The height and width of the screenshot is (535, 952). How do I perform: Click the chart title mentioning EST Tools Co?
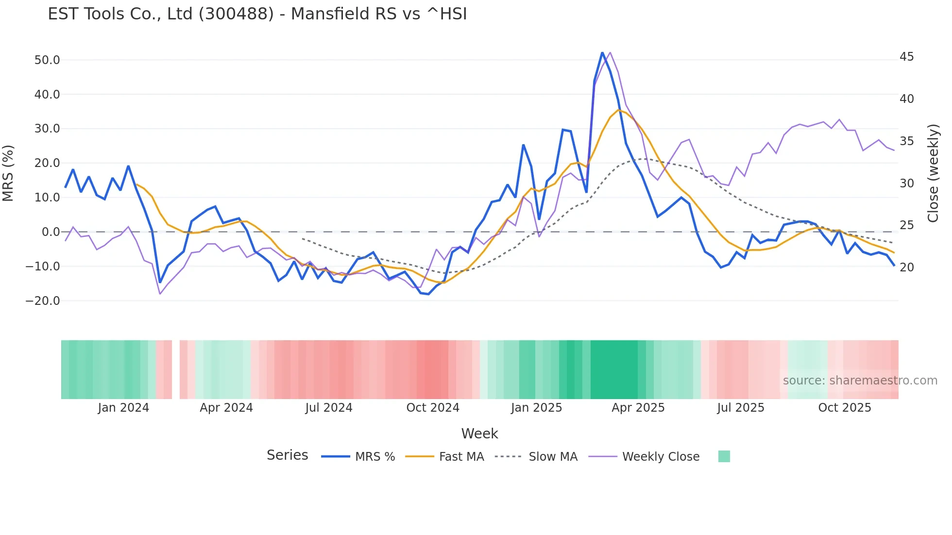(257, 14)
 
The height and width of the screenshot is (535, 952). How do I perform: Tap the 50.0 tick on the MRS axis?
(47, 60)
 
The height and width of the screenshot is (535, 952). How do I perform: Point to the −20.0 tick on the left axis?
(43, 301)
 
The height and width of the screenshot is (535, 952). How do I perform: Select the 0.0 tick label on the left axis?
(51, 232)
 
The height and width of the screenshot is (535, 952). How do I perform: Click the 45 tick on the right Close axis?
(906, 57)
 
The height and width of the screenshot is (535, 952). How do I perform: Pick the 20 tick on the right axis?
(906, 267)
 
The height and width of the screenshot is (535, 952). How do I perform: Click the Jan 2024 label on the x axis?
(123, 408)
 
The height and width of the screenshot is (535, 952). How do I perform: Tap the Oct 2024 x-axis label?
(433, 408)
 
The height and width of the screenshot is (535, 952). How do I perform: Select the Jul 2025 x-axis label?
(741, 408)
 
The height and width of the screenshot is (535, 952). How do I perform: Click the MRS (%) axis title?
(8, 173)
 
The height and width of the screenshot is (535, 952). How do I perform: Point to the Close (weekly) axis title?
(933, 173)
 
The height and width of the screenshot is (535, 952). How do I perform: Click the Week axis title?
(479, 434)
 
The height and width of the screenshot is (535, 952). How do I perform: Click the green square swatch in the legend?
(724, 456)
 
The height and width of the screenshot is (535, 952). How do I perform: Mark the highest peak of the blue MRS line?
(602, 52)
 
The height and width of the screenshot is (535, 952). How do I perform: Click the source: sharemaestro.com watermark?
(860, 381)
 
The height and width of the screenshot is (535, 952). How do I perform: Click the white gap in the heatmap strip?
(176, 369)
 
